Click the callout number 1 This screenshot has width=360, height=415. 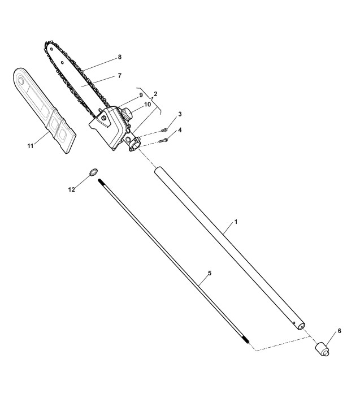click(236, 222)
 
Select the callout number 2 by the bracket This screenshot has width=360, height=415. click(155, 93)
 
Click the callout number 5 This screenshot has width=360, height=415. click(209, 273)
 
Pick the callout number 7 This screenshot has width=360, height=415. click(119, 75)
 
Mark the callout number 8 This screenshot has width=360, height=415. click(119, 57)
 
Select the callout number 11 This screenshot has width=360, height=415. click(31, 146)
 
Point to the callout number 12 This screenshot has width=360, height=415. click(72, 190)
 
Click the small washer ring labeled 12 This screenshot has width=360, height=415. click(92, 172)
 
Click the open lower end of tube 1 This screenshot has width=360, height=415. click(301, 326)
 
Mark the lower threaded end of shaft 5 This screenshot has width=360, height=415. click(246, 343)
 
